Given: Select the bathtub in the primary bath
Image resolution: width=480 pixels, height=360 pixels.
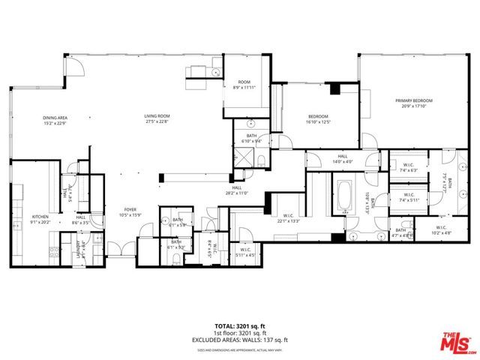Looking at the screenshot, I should pyautogui.click(x=346, y=196).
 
